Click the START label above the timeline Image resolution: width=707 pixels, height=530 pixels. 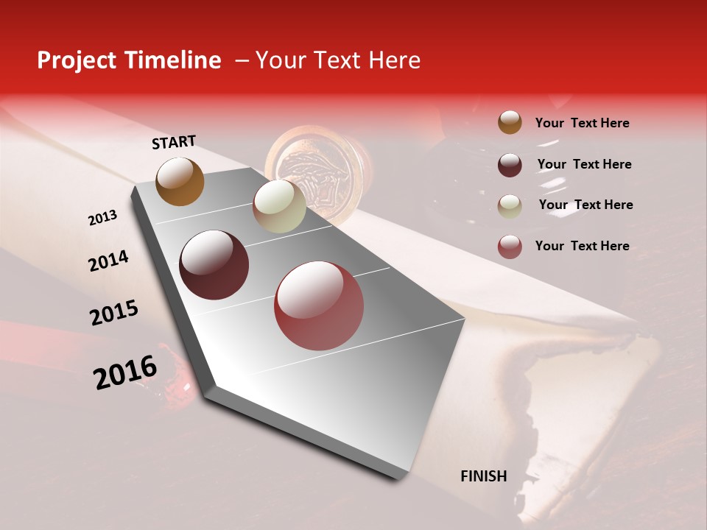(x=174, y=142)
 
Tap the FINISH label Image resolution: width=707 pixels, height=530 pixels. (x=484, y=476)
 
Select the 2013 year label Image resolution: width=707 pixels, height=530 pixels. (x=102, y=218)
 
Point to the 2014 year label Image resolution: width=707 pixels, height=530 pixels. (x=108, y=261)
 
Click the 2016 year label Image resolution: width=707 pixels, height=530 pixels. (x=125, y=372)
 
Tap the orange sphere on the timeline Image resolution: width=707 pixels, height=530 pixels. (x=180, y=181)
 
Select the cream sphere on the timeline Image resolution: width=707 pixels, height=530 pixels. (x=279, y=206)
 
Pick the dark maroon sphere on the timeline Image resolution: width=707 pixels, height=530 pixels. (x=214, y=265)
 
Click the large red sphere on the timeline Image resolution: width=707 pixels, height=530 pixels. (x=319, y=305)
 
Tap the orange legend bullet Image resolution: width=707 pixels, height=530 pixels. (x=510, y=123)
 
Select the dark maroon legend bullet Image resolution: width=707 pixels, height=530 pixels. (x=510, y=165)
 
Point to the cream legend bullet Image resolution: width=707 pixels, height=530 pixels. (x=510, y=205)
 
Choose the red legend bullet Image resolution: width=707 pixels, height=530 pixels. (x=510, y=246)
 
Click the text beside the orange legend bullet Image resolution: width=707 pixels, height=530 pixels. (x=582, y=123)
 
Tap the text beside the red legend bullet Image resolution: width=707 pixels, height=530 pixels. (x=582, y=246)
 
